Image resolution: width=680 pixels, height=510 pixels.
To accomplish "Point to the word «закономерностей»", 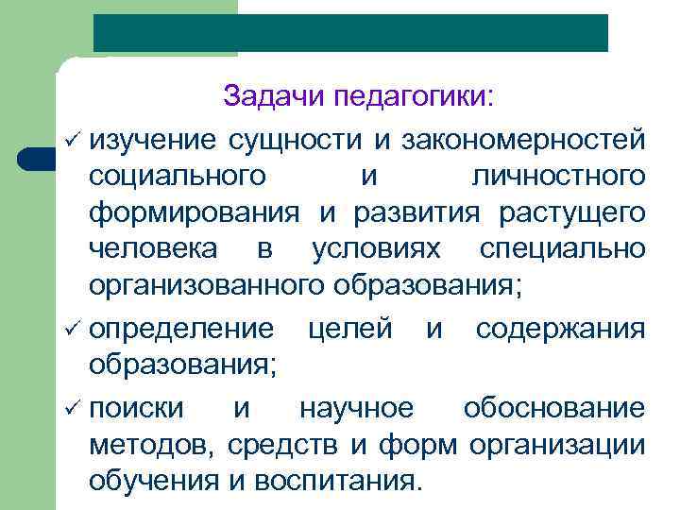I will point(524,139).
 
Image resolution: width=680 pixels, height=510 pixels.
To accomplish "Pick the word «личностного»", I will point(557,177).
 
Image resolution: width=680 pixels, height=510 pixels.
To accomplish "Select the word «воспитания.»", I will point(338,481).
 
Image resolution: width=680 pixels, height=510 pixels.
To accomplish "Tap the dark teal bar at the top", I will point(350,33).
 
